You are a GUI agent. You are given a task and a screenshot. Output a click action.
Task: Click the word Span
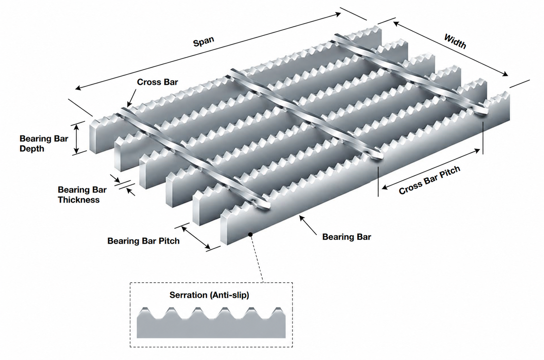(204, 42)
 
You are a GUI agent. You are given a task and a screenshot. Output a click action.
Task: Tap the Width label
(455, 42)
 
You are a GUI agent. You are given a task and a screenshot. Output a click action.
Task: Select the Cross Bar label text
(157, 82)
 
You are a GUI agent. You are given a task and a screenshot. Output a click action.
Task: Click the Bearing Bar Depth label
(44, 144)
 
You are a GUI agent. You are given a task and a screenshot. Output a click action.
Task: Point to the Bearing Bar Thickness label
(82, 195)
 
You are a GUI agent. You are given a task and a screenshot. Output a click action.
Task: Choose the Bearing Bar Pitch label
(143, 241)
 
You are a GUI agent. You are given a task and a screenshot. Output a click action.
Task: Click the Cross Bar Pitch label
(429, 180)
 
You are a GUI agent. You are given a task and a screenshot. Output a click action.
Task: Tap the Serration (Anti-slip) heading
(209, 295)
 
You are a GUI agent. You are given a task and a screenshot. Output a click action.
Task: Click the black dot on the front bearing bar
(250, 234)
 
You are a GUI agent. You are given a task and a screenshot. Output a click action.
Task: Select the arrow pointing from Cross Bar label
(131, 98)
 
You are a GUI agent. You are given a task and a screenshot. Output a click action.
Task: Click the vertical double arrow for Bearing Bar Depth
(77, 139)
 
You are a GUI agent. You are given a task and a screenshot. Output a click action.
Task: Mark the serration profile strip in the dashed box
(211, 323)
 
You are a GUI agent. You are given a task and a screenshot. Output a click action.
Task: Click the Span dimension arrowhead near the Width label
(338, 14)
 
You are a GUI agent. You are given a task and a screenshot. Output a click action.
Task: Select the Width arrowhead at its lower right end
(504, 74)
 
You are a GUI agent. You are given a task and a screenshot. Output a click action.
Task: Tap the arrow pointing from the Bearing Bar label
(308, 225)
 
